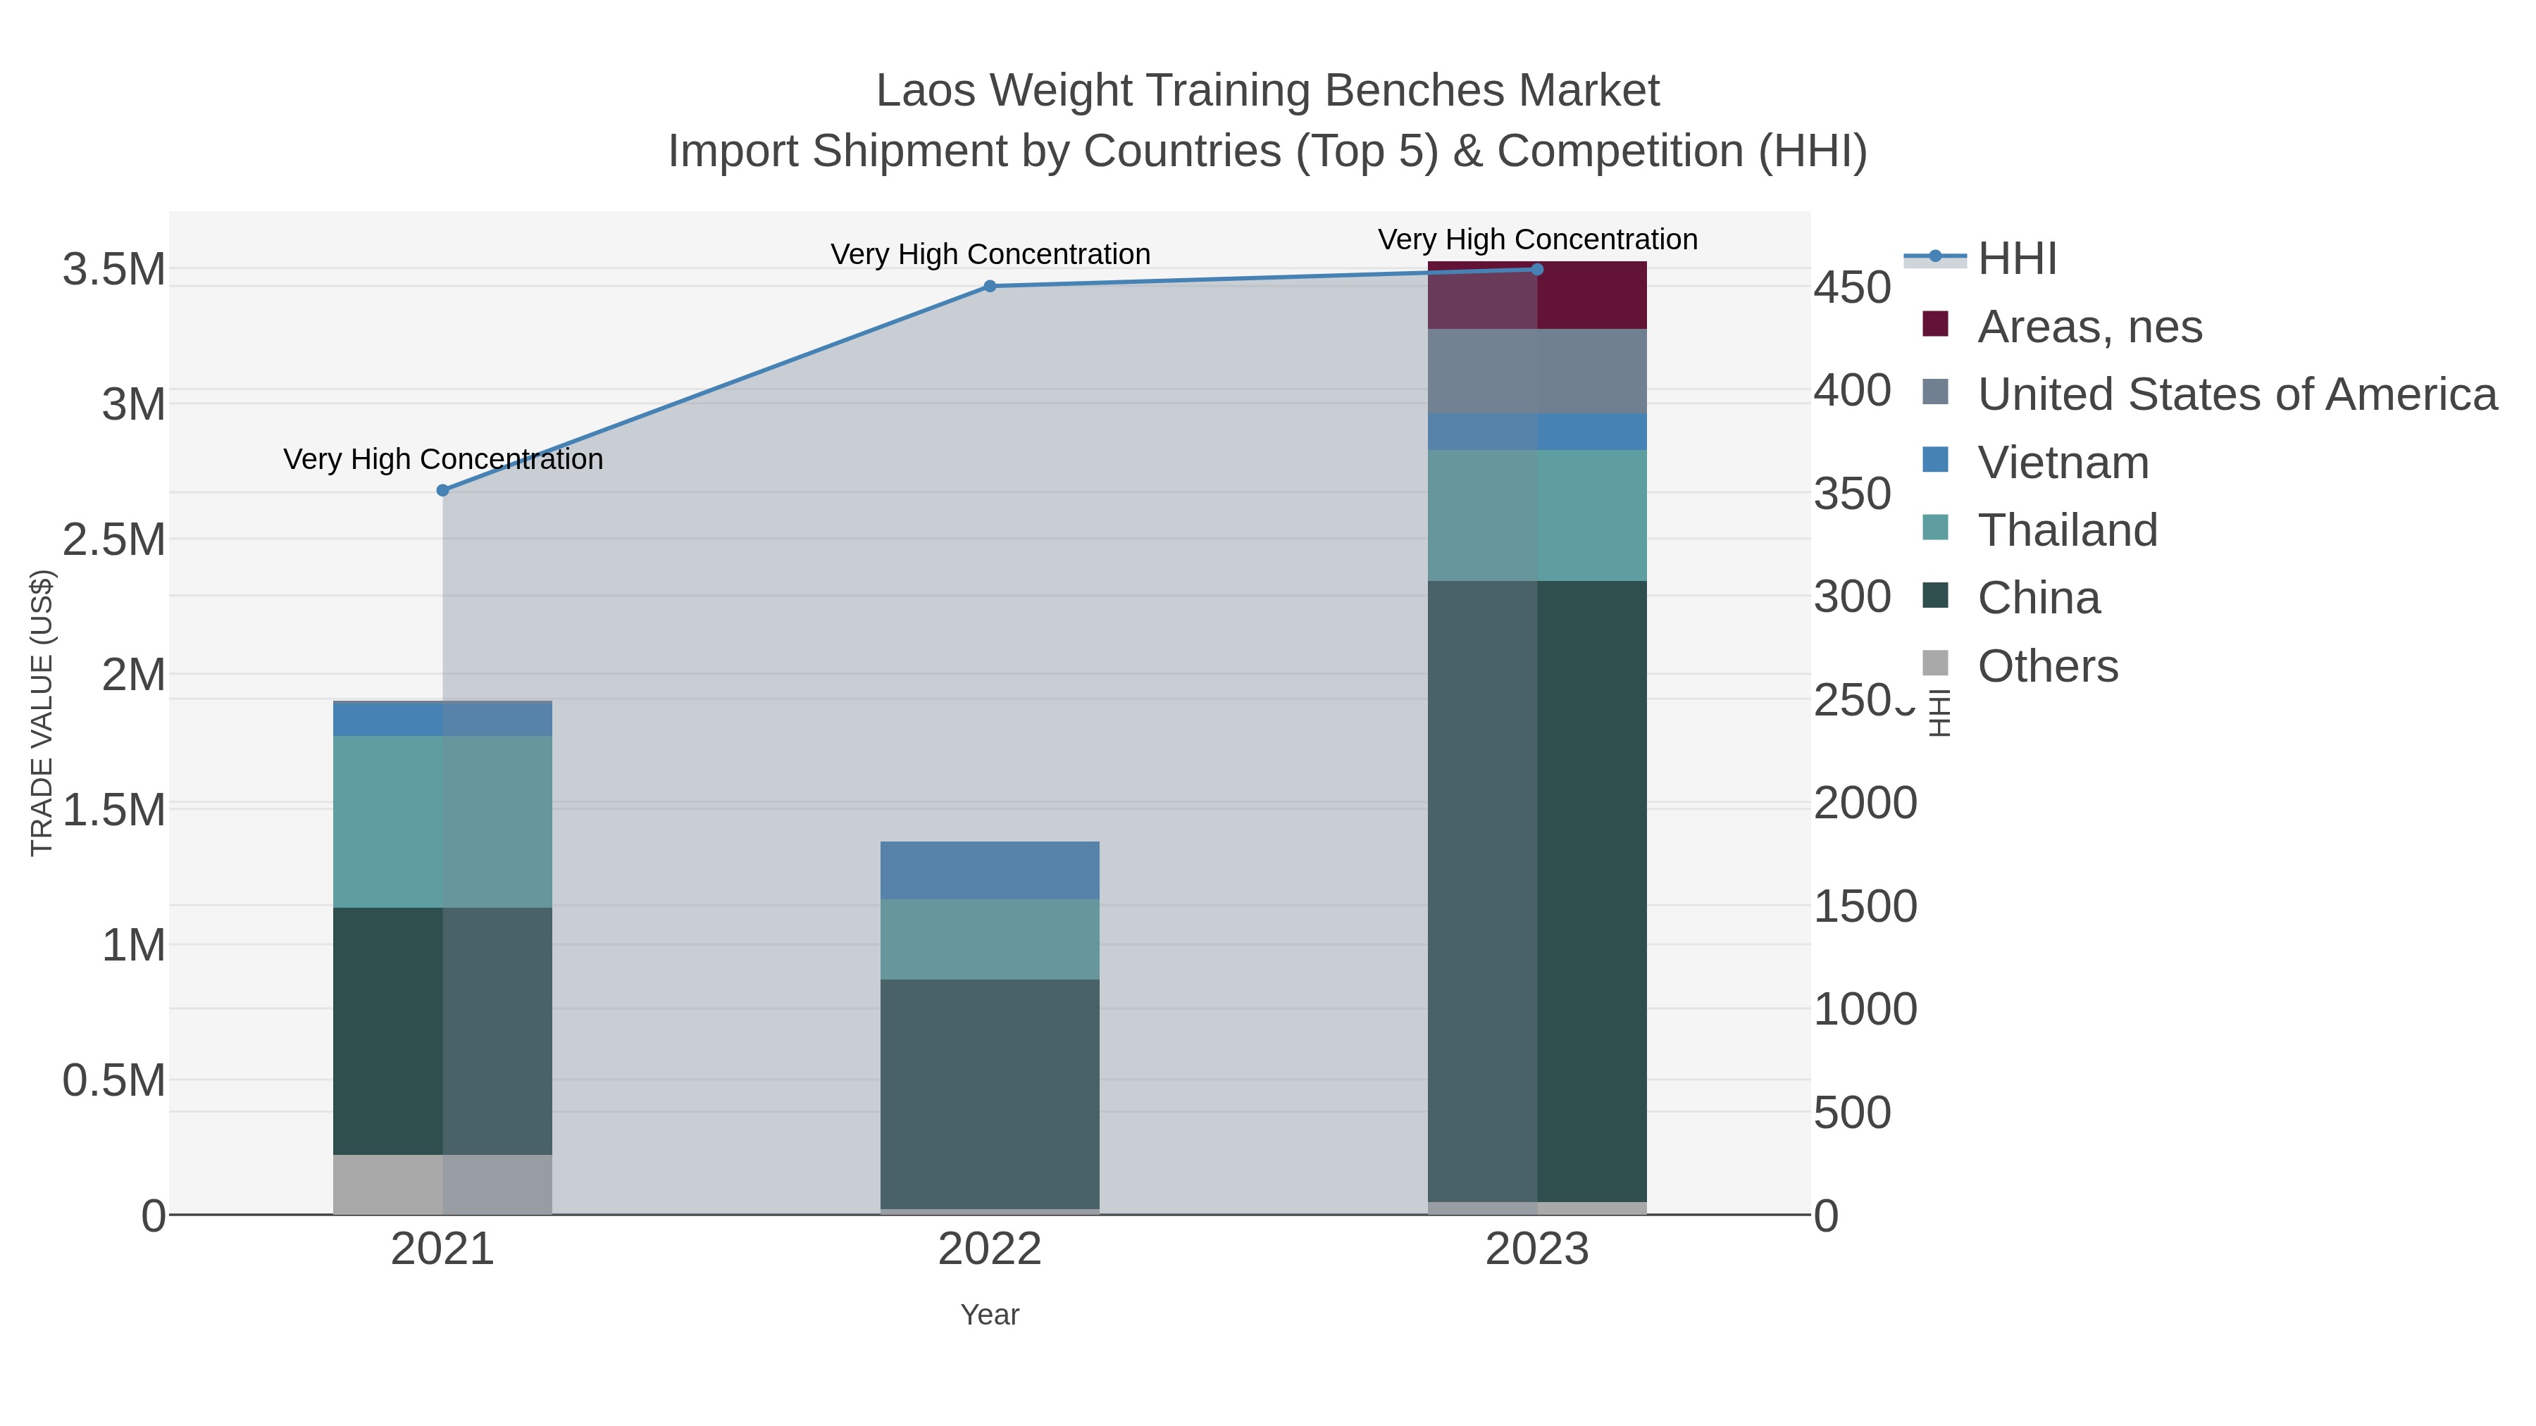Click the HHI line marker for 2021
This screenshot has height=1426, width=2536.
pyautogui.click(x=443, y=490)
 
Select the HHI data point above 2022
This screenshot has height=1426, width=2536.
pyautogui.click(x=990, y=287)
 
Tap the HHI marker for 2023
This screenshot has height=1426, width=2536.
pyautogui.click(x=1537, y=270)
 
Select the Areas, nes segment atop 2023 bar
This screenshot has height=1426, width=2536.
pyautogui.click(x=1537, y=295)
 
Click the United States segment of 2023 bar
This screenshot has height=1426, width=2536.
pyautogui.click(x=1537, y=371)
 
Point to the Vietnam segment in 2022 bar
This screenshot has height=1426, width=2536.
pyautogui.click(x=990, y=870)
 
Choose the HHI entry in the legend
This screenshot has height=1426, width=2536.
pyautogui.click(x=2016, y=259)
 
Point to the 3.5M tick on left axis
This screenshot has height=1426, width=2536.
pyautogui.click(x=113, y=269)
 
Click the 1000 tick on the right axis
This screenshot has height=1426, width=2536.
pyautogui.click(x=1865, y=1010)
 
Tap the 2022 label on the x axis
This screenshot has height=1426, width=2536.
pyautogui.click(x=990, y=1251)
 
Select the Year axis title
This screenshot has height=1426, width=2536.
pyautogui.click(x=990, y=1315)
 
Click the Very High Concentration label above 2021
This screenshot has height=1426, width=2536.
pyautogui.click(x=443, y=460)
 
